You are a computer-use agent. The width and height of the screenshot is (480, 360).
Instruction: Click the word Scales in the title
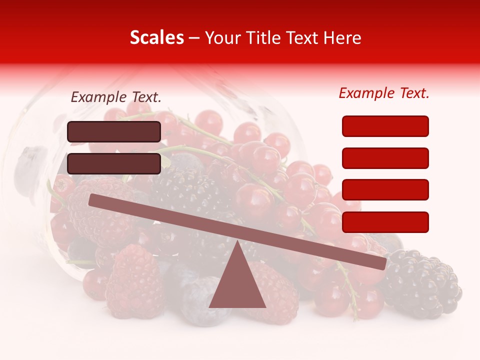pyautogui.click(x=156, y=38)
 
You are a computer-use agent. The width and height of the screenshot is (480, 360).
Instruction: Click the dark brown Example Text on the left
pyautogui.click(x=116, y=97)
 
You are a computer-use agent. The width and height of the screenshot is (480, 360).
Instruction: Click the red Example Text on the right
pyautogui.click(x=384, y=93)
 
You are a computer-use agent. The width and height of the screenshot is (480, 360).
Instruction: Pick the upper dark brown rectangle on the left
pyautogui.click(x=114, y=131)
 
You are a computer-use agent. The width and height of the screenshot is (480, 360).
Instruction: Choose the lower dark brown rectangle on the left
pyautogui.click(x=114, y=163)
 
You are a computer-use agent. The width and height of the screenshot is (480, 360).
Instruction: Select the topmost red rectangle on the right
pyautogui.click(x=385, y=126)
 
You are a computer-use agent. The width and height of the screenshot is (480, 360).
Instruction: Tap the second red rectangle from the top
pyautogui.click(x=385, y=158)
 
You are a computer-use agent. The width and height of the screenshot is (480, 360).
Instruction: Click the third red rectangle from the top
pyautogui.click(x=385, y=190)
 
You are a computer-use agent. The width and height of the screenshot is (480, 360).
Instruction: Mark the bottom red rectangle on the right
pyautogui.click(x=385, y=222)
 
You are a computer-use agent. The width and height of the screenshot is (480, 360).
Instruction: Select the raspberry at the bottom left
pyautogui.click(x=132, y=280)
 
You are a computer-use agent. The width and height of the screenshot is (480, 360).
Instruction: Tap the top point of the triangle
pyautogui.click(x=237, y=242)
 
